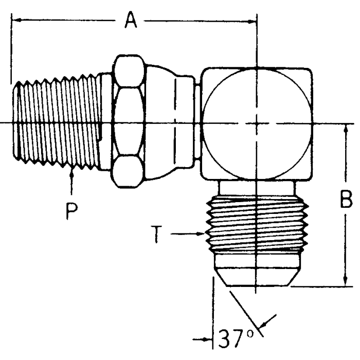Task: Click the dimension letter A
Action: (x=131, y=21)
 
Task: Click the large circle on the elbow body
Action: (x=256, y=123)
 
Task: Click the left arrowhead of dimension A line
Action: (x=15, y=21)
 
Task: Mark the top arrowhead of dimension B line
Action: (x=344, y=128)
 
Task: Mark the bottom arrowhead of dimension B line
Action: (x=344, y=281)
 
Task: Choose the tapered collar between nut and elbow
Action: (x=170, y=123)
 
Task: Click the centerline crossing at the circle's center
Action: (x=256, y=123)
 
